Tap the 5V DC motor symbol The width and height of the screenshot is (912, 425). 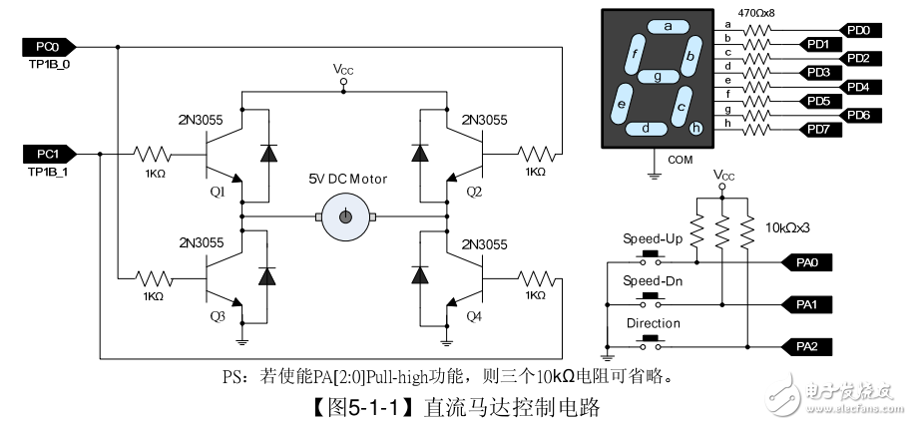click(x=345, y=216)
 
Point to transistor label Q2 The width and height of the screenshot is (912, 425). click(x=475, y=191)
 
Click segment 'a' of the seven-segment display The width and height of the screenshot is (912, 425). click(x=668, y=27)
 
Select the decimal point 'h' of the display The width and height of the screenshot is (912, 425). click(x=695, y=127)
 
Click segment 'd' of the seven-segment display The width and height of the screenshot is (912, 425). click(x=648, y=128)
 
